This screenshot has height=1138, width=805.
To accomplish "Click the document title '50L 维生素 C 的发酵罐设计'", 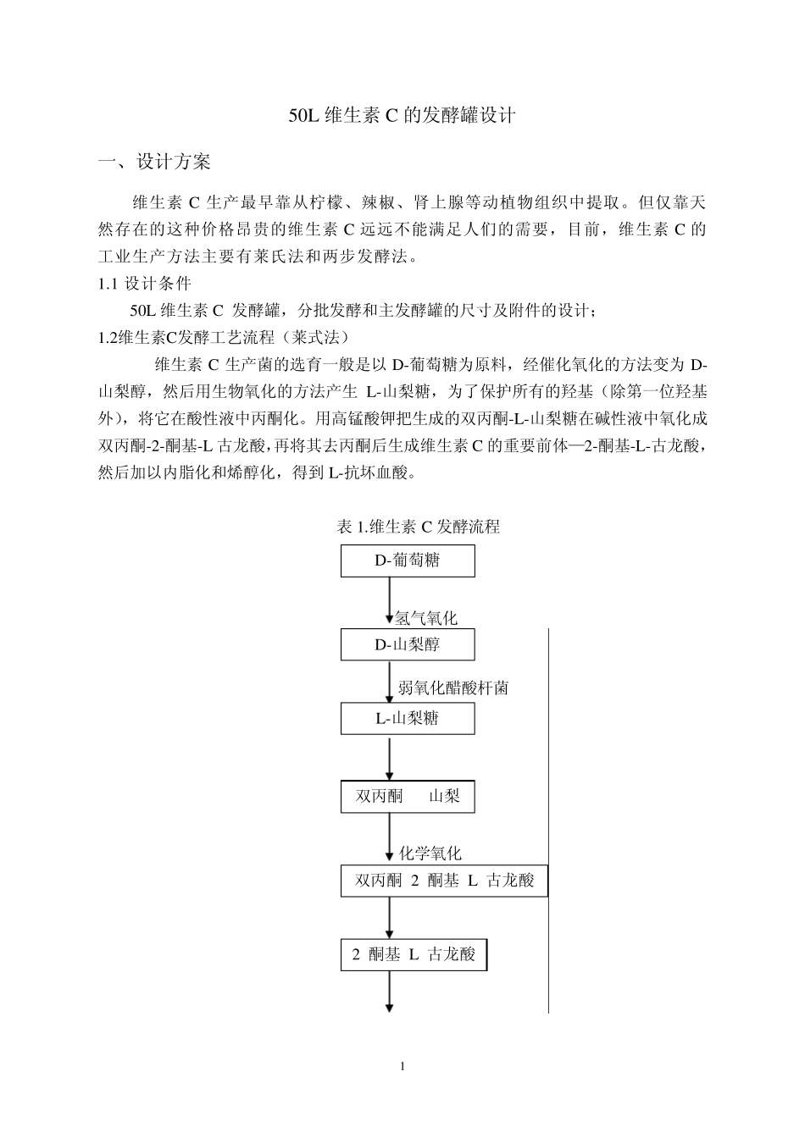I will (x=402, y=116).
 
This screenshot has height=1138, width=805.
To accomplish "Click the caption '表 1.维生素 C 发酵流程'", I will (x=419, y=527).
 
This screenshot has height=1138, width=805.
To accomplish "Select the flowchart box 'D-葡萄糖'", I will (x=408, y=561).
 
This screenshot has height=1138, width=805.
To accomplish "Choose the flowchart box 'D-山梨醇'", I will (x=408, y=644).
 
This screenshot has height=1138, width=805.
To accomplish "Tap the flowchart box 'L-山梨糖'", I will (x=408, y=719).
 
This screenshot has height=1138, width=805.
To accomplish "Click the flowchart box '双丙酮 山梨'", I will (x=408, y=796).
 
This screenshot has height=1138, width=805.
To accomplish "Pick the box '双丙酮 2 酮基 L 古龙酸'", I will (x=444, y=881).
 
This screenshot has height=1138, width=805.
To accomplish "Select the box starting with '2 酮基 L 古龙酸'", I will (x=414, y=955).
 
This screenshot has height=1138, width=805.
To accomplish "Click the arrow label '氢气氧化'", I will (x=426, y=619).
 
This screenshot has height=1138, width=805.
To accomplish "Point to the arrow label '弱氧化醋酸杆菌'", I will (x=453, y=688).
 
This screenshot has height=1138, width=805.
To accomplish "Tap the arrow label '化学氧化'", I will (x=430, y=853).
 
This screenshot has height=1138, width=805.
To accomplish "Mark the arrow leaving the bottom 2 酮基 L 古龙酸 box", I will (x=390, y=991).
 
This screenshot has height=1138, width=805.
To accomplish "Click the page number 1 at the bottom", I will (x=402, y=1066).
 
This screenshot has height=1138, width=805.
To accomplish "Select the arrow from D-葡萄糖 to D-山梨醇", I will (x=390, y=601).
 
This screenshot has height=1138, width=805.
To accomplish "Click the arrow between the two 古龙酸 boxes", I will (x=390, y=918).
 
